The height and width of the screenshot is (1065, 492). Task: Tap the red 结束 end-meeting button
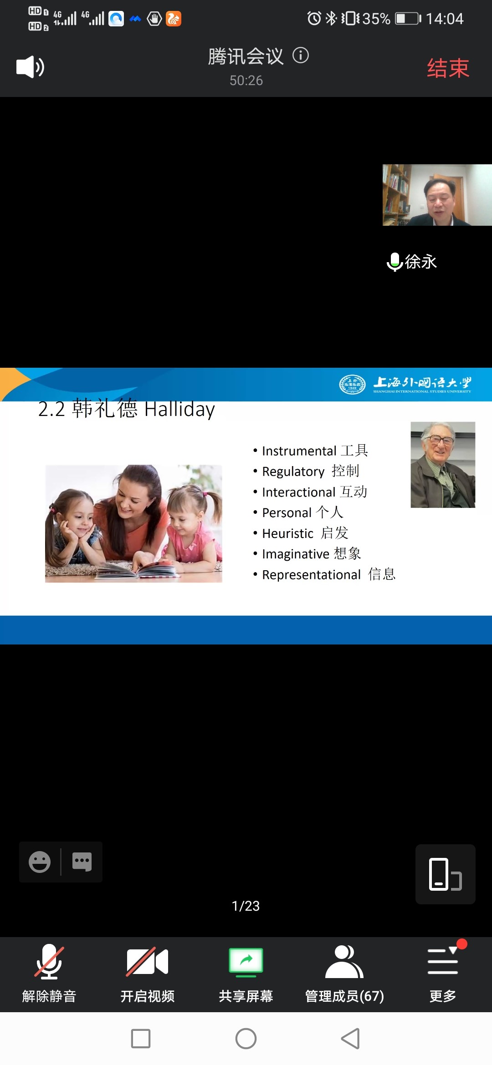click(448, 68)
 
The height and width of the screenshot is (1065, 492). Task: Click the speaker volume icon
click(30, 67)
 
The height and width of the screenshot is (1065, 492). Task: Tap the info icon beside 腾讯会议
click(301, 56)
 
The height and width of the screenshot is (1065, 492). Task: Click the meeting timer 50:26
click(246, 81)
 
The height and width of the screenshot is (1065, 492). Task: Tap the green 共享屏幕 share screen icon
click(246, 962)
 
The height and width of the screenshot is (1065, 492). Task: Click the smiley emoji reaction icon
click(40, 862)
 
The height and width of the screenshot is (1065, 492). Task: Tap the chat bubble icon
click(82, 862)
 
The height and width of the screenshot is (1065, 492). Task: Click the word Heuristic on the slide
click(288, 533)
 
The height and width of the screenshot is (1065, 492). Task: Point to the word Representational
click(312, 575)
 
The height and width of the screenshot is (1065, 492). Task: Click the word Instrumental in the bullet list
click(299, 451)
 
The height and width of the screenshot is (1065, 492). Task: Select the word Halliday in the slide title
click(179, 410)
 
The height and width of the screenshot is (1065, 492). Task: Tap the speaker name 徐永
click(420, 262)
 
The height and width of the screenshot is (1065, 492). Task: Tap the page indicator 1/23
click(246, 906)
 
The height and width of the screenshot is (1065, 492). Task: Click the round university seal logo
click(352, 385)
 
